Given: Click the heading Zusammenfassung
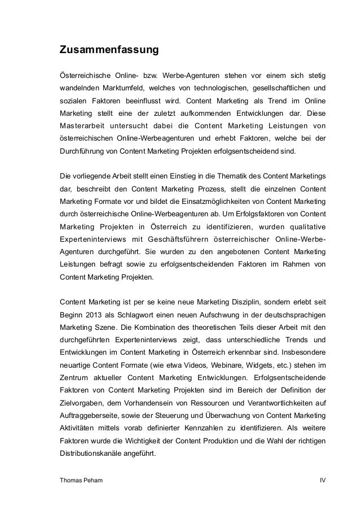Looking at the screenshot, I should [109, 50].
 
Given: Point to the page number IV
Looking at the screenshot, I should [322, 481].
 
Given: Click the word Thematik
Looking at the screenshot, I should [227, 177].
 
